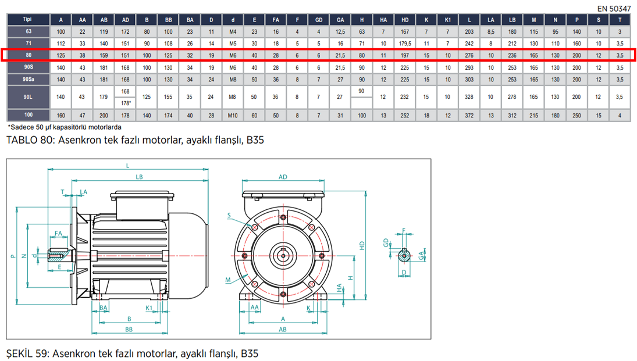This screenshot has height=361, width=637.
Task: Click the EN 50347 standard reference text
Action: [x=614, y=9]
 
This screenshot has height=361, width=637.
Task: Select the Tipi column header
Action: [x=28, y=19]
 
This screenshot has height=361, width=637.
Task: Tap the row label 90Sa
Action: [x=28, y=79]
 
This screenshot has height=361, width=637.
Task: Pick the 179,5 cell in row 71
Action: [x=405, y=43]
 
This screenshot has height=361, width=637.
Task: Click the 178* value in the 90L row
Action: [x=126, y=103]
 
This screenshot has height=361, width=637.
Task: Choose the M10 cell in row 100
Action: [x=233, y=115]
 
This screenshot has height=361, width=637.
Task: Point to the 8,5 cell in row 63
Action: [x=491, y=31]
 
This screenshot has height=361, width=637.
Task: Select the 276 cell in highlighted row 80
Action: [x=469, y=55]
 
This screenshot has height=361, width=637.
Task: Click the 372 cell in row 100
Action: [x=469, y=115]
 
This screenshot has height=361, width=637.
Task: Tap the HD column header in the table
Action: [x=405, y=19]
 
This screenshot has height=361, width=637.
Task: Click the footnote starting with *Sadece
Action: [x=65, y=127]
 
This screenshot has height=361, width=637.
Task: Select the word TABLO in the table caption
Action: [x=21, y=140]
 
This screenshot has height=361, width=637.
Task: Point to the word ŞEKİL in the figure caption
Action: [x=21, y=353]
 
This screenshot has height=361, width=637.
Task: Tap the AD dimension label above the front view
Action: [x=283, y=177]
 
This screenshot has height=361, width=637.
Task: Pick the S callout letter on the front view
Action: [x=229, y=216]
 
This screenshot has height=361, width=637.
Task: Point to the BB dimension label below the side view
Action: [x=129, y=329]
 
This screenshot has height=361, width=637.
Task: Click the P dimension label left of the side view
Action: [x=12, y=255]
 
